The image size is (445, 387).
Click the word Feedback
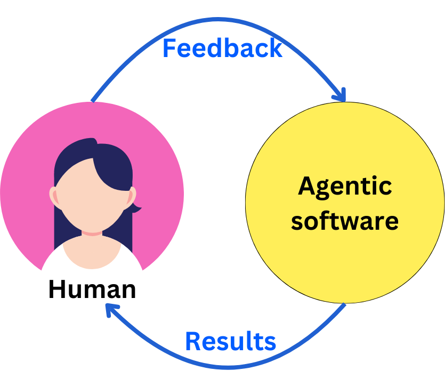point(222,49)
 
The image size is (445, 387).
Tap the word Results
point(230,341)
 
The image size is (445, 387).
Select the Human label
point(92,289)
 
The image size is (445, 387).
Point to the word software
point(345,220)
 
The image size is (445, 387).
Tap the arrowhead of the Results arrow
point(110,310)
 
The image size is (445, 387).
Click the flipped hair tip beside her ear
point(136,208)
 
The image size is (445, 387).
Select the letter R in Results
point(192,341)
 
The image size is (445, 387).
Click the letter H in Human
point(56,289)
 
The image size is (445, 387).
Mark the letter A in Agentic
point(305,187)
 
